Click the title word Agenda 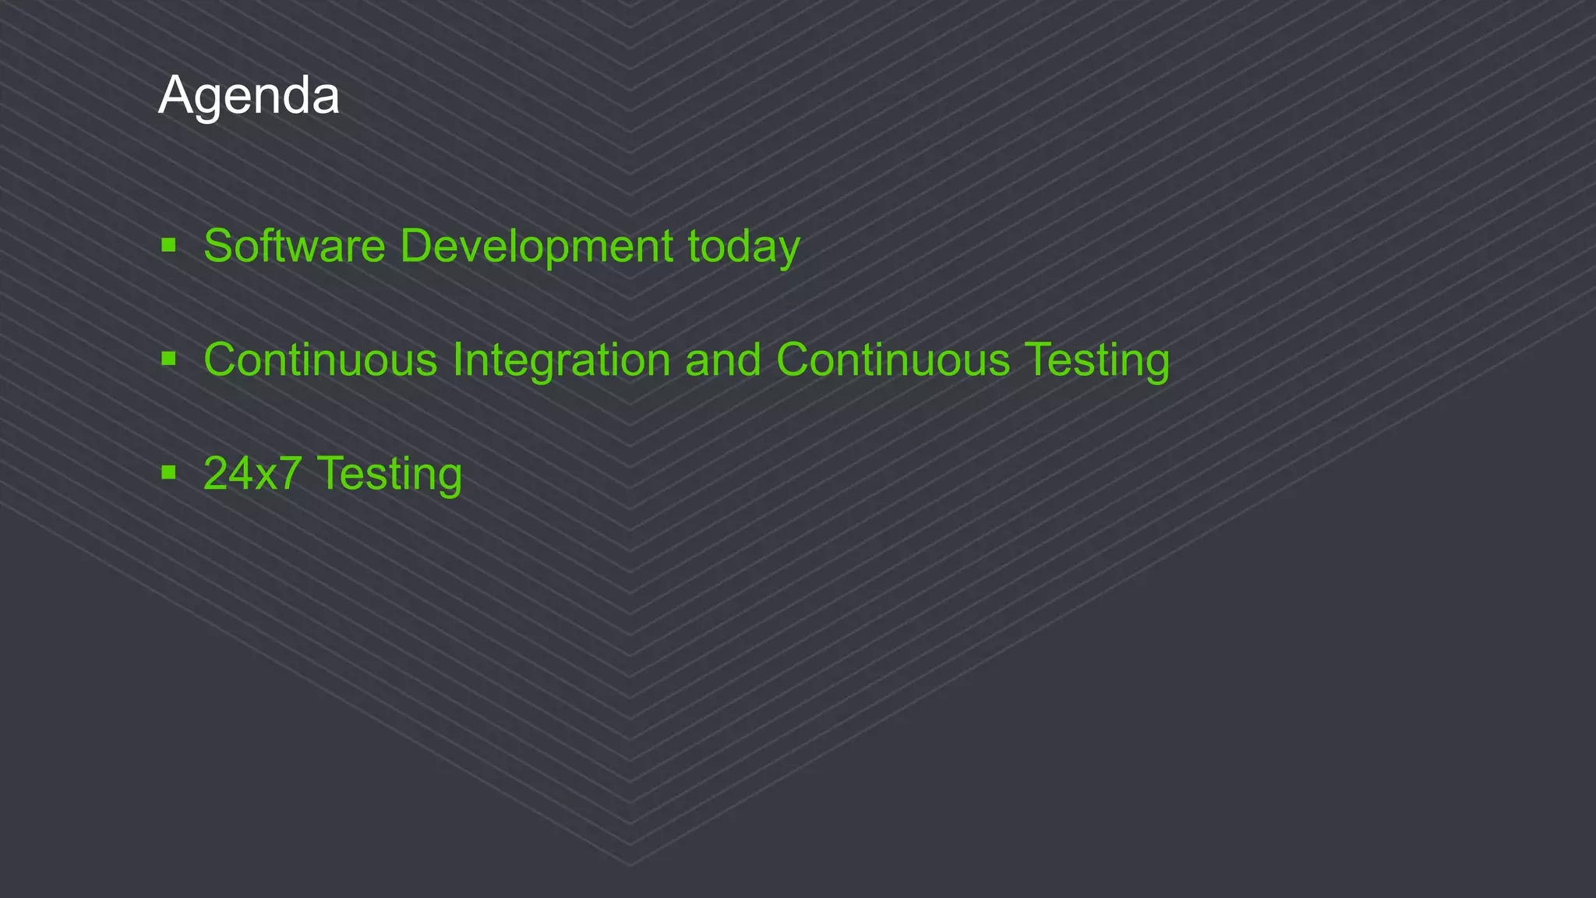249,96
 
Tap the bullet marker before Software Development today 168,246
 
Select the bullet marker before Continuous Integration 168,359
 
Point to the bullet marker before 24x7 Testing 168,472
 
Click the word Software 295,246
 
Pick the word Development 536,246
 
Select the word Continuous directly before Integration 320,360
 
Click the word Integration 561,360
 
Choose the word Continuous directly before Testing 893,360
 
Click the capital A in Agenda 175,96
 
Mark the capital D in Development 418,246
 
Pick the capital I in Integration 458,360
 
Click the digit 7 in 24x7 289,473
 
